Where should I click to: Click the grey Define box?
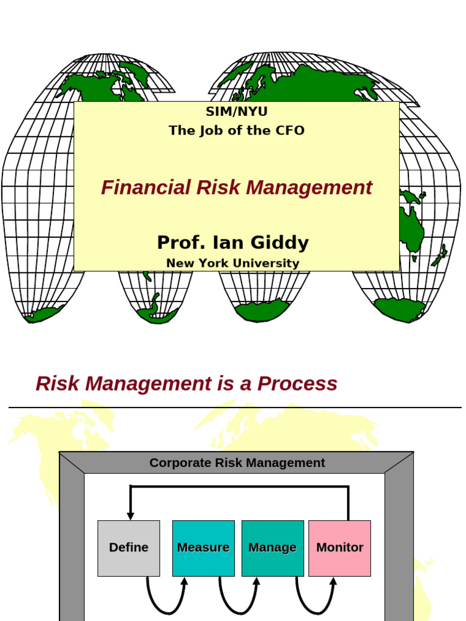[129, 548]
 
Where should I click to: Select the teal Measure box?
[203, 548]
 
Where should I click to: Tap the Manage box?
[272, 548]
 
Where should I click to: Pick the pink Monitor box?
[340, 548]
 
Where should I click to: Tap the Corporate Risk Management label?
[237, 463]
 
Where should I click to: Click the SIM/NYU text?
[237, 112]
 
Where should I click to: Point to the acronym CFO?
[291, 130]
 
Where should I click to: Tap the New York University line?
[233, 263]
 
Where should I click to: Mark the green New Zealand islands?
[439, 256]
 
